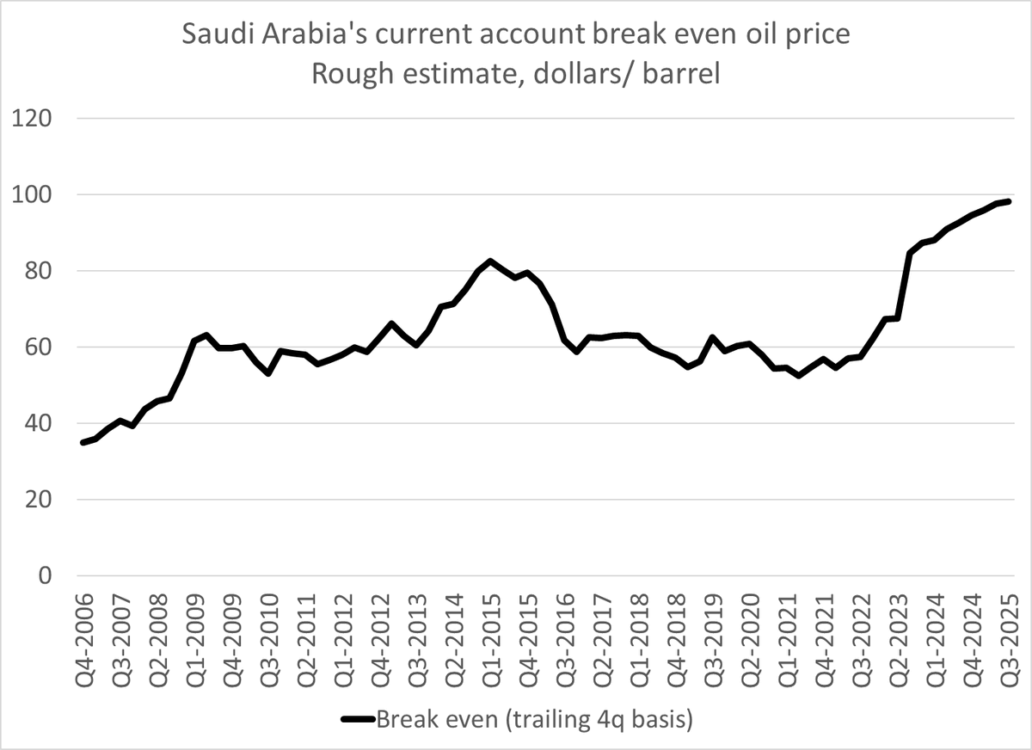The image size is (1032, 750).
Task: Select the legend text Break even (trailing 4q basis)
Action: click(534, 718)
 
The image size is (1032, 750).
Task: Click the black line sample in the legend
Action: click(357, 719)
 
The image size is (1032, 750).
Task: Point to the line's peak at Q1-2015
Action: click(490, 261)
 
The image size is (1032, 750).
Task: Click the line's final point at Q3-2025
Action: click(1008, 201)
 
